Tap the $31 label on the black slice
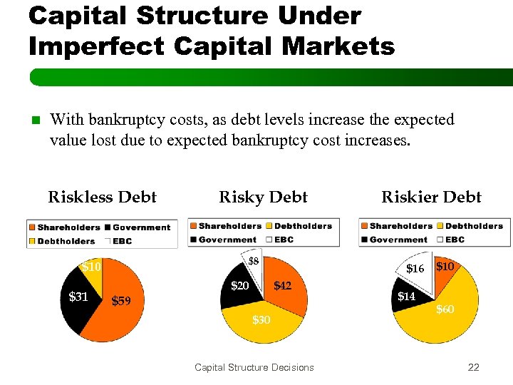coord(78,297)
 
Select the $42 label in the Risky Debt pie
coord(282,286)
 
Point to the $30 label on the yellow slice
coord(261,320)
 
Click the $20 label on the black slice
coord(239,286)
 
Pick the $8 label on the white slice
coord(253,262)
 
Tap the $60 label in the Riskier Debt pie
coord(445,309)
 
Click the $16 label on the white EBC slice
coord(415,269)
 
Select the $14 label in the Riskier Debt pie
coord(406,296)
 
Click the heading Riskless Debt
coord(102,197)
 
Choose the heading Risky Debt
coord(263,197)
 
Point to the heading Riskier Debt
coord(431,197)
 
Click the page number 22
coord(473,367)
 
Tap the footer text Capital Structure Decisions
coord(254,367)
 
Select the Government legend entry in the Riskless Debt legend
coord(140,227)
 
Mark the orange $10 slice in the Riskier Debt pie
coord(448,272)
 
